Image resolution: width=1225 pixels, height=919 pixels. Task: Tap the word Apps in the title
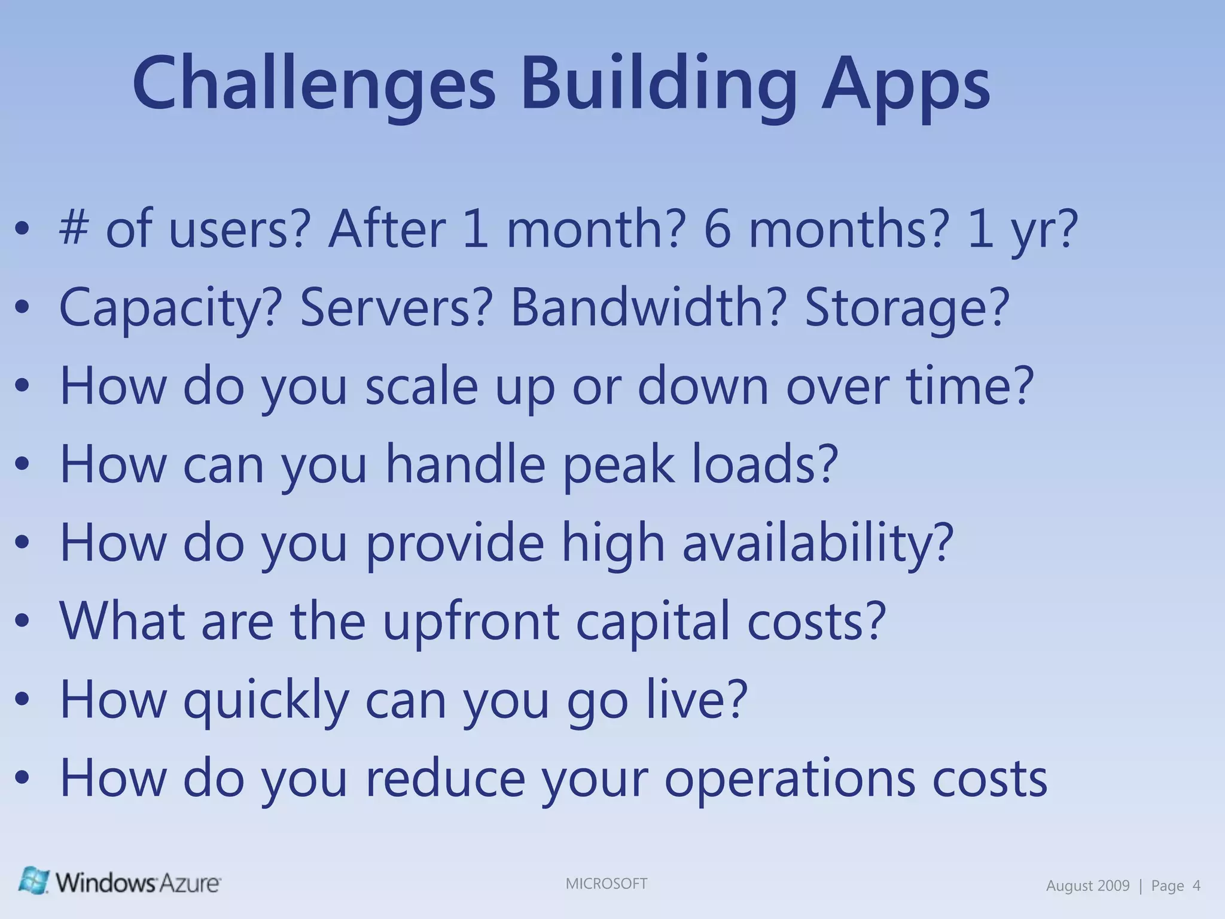pos(906,84)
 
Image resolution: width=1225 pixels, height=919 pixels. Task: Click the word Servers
pos(395,307)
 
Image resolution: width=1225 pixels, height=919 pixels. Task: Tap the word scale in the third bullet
pos(421,385)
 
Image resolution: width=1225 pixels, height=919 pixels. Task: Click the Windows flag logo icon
pos(33,880)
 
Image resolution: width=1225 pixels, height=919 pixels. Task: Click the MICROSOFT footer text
pos(606,884)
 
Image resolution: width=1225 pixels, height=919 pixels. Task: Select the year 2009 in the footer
pos(1113,885)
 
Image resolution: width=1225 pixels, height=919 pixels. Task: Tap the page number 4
pos(1196,885)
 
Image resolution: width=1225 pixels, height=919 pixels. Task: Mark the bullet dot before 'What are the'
pos(22,622)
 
